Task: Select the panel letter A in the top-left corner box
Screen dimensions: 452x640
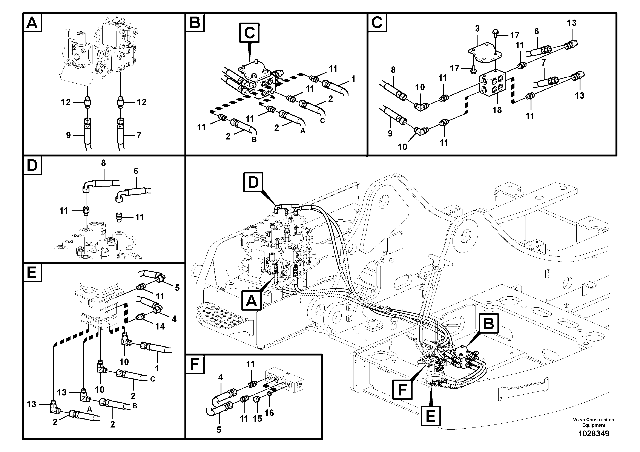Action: point(32,23)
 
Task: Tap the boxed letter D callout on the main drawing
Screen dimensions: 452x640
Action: point(253,182)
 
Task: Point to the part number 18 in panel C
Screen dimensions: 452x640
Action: point(497,110)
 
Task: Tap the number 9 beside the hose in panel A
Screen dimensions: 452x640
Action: point(69,135)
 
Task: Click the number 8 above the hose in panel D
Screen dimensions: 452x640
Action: point(103,163)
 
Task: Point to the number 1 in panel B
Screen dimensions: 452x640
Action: point(353,79)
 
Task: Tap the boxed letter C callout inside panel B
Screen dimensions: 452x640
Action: point(249,33)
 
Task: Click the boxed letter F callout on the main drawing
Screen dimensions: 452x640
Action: point(402,389)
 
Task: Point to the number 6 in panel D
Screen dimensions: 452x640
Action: point(136,171)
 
